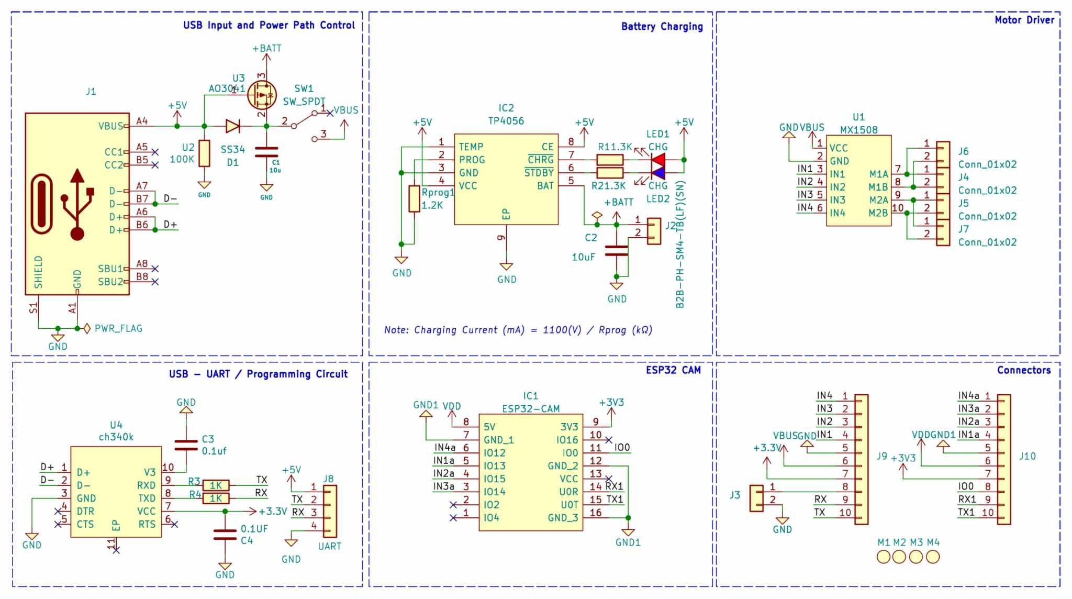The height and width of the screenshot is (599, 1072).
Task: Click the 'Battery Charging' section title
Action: point(662,26)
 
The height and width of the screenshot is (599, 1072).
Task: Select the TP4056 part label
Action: point(506,121)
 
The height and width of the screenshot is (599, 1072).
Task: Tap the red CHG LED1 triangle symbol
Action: point(658,159)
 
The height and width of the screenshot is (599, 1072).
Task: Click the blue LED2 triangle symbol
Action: point(658,172)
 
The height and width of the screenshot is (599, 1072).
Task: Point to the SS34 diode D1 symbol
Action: point(232,126)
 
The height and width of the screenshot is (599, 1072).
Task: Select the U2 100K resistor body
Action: point(204,153)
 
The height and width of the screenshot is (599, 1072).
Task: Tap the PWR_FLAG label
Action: point(118,328)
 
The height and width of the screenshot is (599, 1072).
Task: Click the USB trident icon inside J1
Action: point(77,204)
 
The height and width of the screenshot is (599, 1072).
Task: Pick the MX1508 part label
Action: point(858,130)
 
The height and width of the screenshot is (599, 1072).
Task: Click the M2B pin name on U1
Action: point(878,213)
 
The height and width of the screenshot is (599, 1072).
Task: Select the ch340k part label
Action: point(116,437)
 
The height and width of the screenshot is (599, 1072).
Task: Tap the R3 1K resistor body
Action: point(216,485)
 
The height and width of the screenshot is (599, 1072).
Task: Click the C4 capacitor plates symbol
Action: point(225,535)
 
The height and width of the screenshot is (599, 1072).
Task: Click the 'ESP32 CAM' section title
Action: point(673,370)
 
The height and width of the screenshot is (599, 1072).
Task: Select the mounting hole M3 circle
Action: point(916,557)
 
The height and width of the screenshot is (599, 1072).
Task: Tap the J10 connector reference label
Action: point(1027,456)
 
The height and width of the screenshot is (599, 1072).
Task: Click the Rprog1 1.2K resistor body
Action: point(414,198)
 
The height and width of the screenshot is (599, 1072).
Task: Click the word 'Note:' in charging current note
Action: point(396,330)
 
